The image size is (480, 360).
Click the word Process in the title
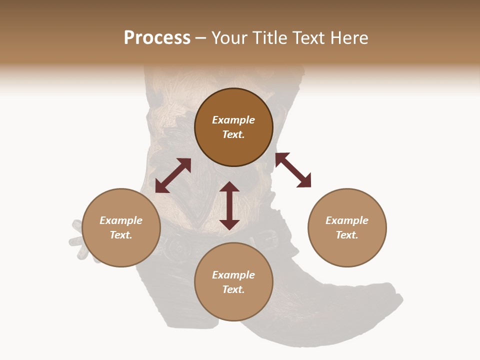pyautogui.click(x=157, y=38)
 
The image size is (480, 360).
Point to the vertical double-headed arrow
pyautogui.click(x=229, y=205)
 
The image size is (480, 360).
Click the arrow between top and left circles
pyautogui.click(x=173, y=175)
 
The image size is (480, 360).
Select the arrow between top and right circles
pyautogui.click(x=293, y=170)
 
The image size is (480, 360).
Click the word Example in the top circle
pyautogui.click(x=233, y=120)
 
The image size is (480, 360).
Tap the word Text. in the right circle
pyautogui.click(x=347, y=235)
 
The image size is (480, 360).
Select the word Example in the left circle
pyautogui.click(x=121, y=220)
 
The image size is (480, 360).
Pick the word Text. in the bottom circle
pyautogui.click(x=233, y=289)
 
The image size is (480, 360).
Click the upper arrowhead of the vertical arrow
pyautogui.click(x=229, y=186)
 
